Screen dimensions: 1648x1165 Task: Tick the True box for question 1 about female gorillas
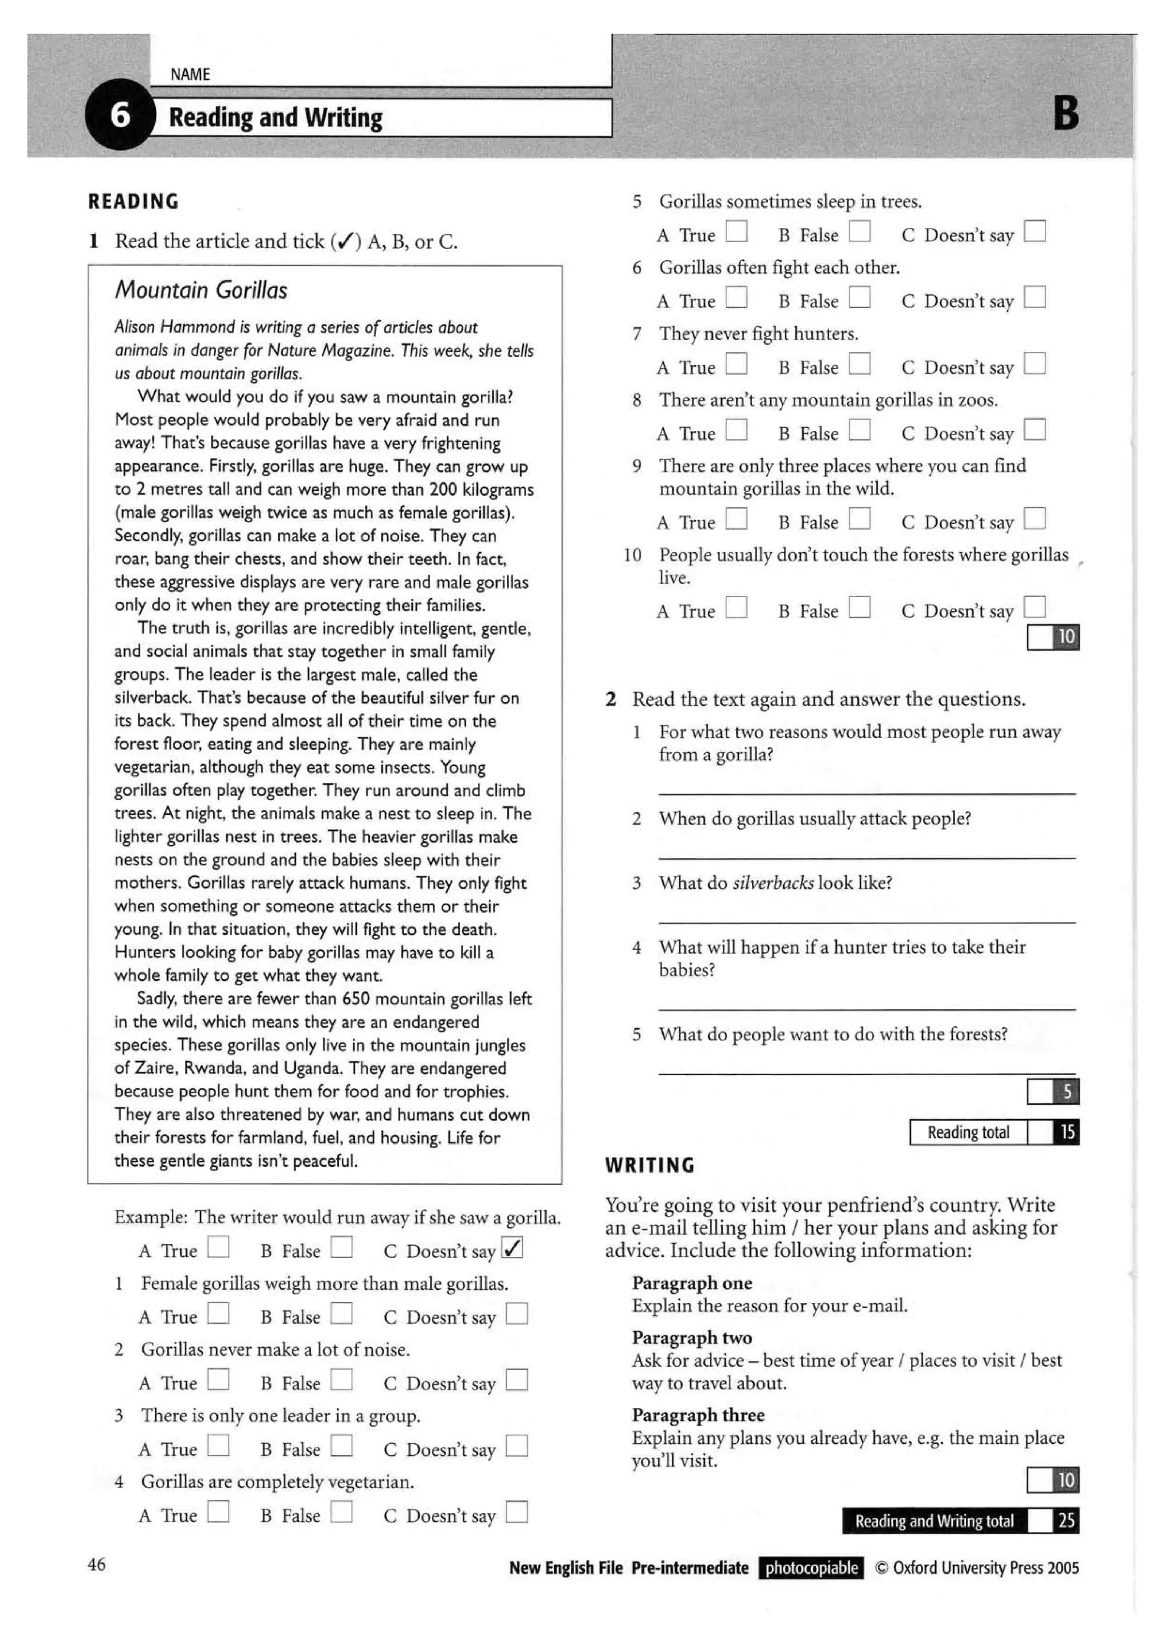click(x=218, y=1314)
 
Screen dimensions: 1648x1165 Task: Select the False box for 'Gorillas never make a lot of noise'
click(x=342, y=1380)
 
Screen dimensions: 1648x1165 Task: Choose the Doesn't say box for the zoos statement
click(x=1034, y=430)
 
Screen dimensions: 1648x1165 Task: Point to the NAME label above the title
click(x=190, y=74)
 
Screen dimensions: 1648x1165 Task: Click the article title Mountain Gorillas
click(x=201, y=290)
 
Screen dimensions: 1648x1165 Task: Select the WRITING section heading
click(x=650, y=1165)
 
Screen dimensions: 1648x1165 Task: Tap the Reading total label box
click(x=968, y=1132)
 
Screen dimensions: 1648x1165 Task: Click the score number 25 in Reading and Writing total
click(x=1067, y=1520)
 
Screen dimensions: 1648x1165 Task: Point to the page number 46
click(x=97, y=1564)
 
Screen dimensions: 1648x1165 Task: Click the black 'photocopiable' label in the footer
click(x=811, y=1568)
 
